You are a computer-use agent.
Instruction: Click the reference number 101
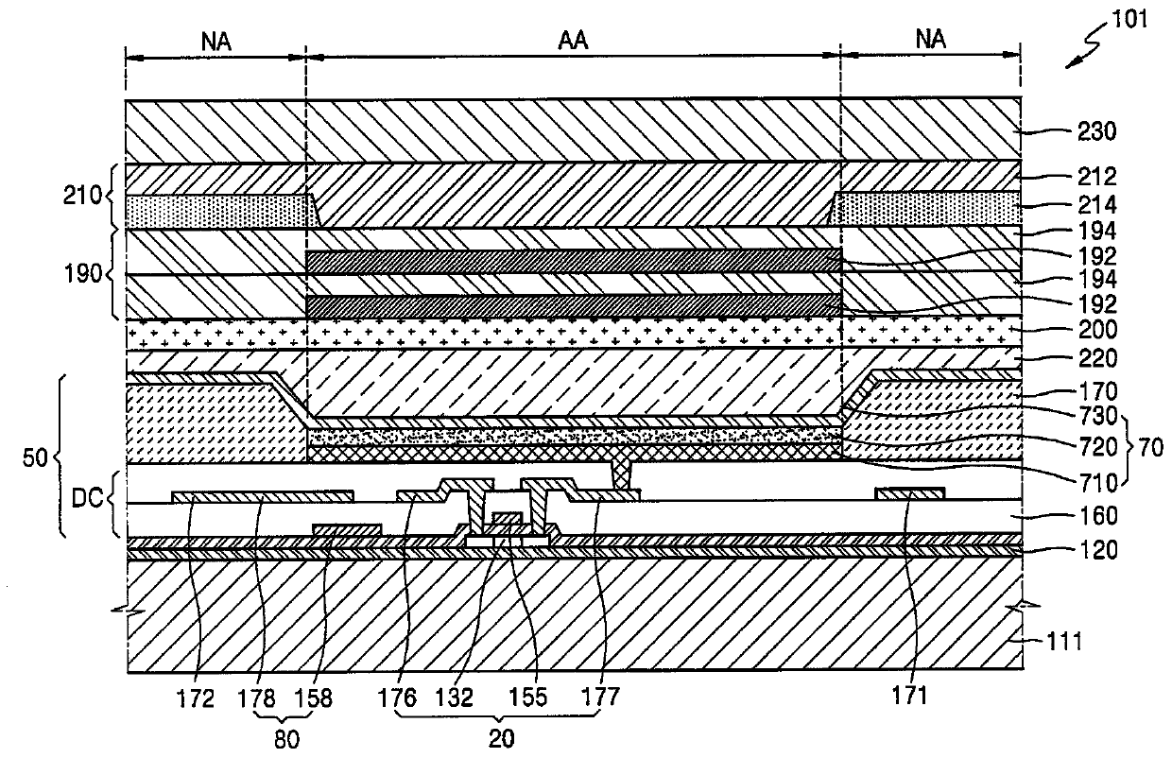pyautogui.click(x=1129, y=20)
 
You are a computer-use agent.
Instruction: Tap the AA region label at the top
pyautogui.click(x=573, y=41)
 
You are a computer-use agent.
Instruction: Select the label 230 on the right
pyautogui.click(x=1096, y=131)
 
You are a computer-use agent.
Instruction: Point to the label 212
pyautogui.click(x=1096, y=177)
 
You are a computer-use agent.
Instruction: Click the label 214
pyautogui.click(x=1096, y=204)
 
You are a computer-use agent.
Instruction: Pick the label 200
pyautogui.click(x=1097, y=330)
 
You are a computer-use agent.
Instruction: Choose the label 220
pyautogui.click(x=1097, y=359)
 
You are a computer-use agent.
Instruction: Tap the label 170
pyautogui.click(x=1097, y=391)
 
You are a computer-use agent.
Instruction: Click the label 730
pyautogui.click(x=1097, y=417)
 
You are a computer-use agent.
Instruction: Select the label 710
pyautogui.click(x=1097, y=483)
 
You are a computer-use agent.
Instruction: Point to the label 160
pyautogui.click(x=1097, y=516)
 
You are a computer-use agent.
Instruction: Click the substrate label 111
pyautogui.click(x=1063, y=642)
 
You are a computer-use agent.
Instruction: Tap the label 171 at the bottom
pyautogui.click(x=910, y=696)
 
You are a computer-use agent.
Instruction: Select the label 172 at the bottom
pyautogui.click(x=195, y=698)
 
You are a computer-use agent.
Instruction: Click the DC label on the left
pyautogui.click(x=87, y=499)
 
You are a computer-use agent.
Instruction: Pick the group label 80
pyautogui.click(x=286, y=740)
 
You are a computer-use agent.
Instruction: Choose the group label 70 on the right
pyautogui.click(x=1150, y=448)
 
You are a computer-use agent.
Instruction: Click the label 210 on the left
pyautogui.click(x=82, y=196)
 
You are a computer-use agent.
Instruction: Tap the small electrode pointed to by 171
pyautogui.click(x=910, y=493)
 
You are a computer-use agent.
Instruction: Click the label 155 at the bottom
pyautogui.click(x=528, y=698)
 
